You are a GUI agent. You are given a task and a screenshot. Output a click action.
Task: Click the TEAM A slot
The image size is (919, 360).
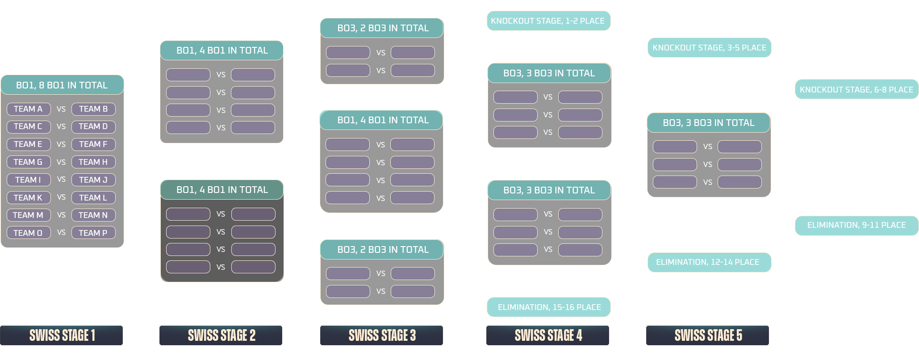coord(28,109)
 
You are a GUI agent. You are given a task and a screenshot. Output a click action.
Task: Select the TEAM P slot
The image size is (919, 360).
coord(93,233)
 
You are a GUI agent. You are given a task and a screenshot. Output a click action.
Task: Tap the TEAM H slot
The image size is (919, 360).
coord(93,162)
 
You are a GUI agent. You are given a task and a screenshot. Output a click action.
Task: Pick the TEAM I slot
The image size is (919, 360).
coord(28,180)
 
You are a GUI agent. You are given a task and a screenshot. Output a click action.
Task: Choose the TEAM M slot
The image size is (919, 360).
coord(28,215)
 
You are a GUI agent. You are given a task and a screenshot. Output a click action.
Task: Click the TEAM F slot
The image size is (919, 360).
coord(93,144)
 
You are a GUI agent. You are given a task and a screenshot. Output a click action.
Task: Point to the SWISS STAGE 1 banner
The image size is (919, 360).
coord(62,335)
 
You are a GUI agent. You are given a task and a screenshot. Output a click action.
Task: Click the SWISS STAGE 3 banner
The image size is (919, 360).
coord(382,335)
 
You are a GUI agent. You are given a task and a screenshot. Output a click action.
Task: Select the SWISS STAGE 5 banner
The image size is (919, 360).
coord(708,335)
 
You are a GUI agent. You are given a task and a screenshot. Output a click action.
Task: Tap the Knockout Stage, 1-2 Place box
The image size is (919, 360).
coord(548,21)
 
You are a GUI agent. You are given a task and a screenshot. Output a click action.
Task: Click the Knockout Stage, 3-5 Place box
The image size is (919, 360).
coord(709,48)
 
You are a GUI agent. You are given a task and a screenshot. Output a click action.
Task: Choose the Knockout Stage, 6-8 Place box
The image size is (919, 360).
coord(856,89)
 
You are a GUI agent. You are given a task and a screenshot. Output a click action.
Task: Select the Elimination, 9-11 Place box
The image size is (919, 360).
coord(856,225)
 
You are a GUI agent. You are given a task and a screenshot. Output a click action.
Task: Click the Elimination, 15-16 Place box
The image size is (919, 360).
coord(549,307)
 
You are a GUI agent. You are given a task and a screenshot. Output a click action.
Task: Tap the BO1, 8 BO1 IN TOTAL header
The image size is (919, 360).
coord(62,85)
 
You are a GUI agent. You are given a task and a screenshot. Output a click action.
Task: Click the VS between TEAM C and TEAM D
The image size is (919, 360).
coord(61,126)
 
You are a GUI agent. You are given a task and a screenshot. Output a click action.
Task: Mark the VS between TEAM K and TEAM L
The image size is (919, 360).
coord(61,197)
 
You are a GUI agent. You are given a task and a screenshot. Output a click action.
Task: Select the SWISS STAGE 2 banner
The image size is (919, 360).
coord(221,335)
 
